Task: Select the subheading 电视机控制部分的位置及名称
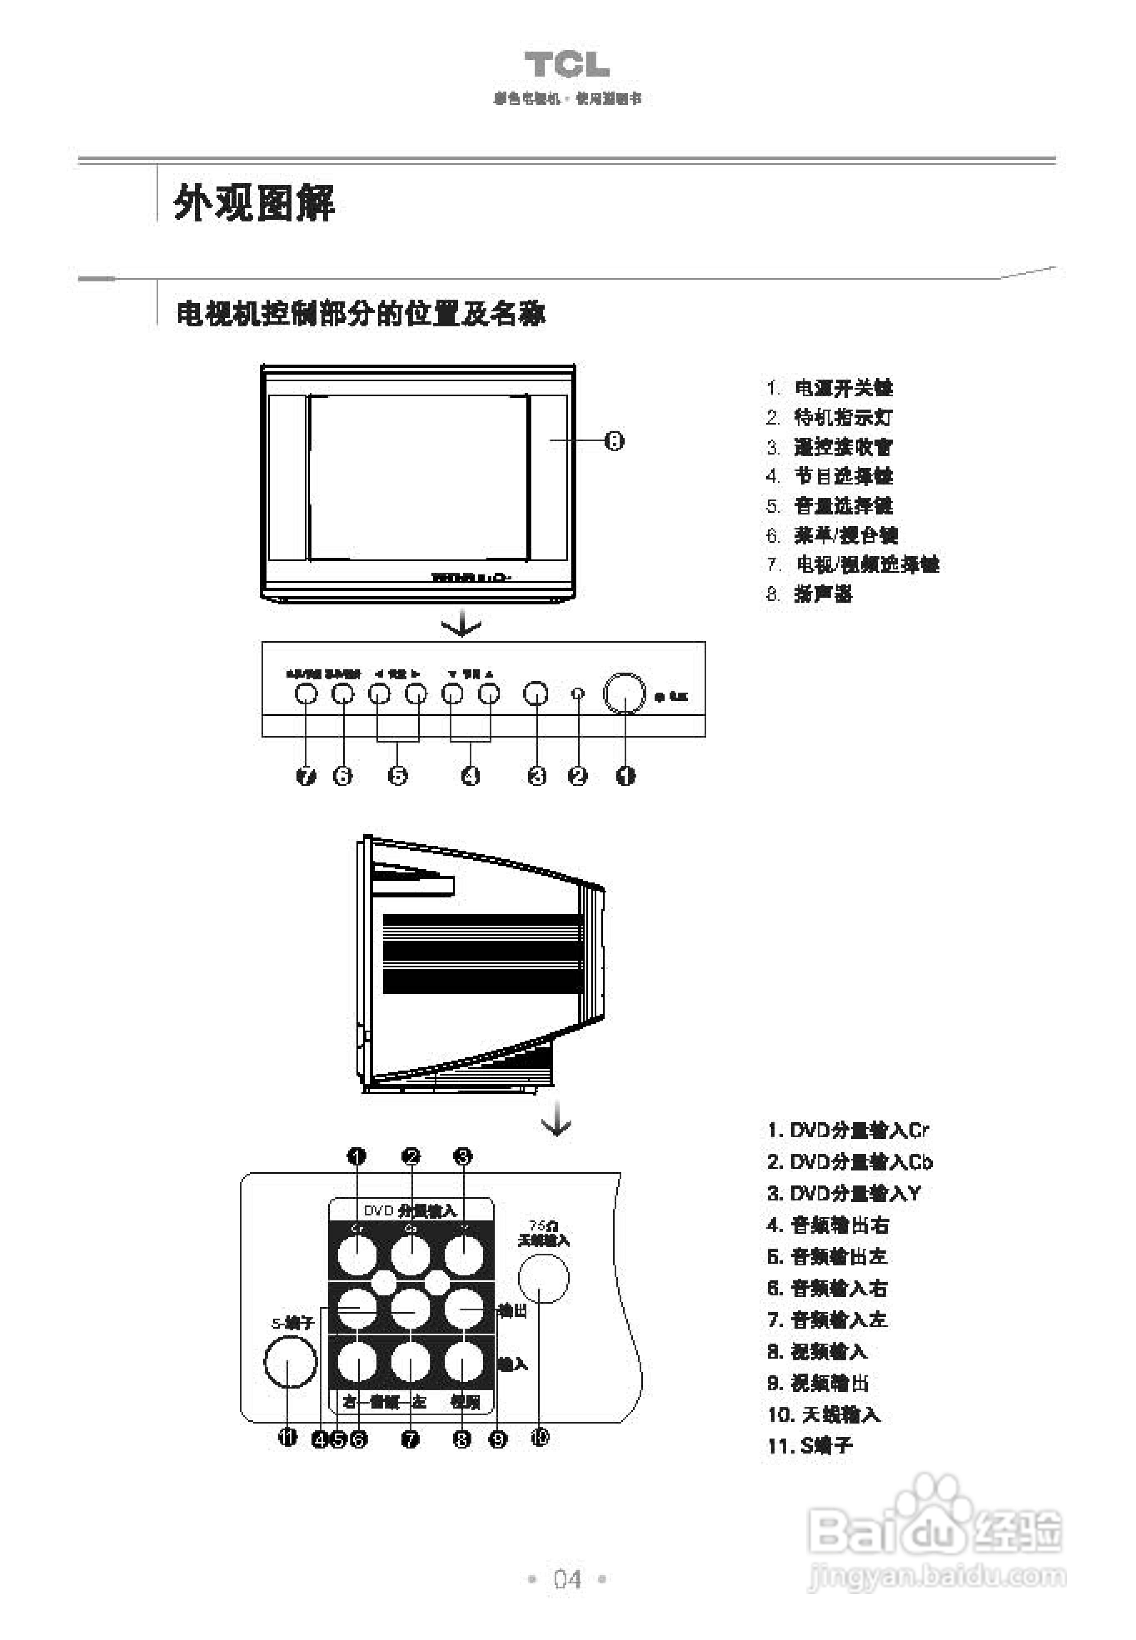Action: pos(361,313)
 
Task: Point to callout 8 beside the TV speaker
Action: pos(614,441)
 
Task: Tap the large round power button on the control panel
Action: pos(624,692)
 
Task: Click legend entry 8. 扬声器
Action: pos(810,593)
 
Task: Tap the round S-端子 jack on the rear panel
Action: pos(290,1362)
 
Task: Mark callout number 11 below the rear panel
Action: pos(288,1438)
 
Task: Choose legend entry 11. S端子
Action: pos(810,1446)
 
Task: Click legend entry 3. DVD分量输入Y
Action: pos(844,1193)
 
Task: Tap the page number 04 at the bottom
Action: pos(567,1580)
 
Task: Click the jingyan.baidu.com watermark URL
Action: pos(937,1576)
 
